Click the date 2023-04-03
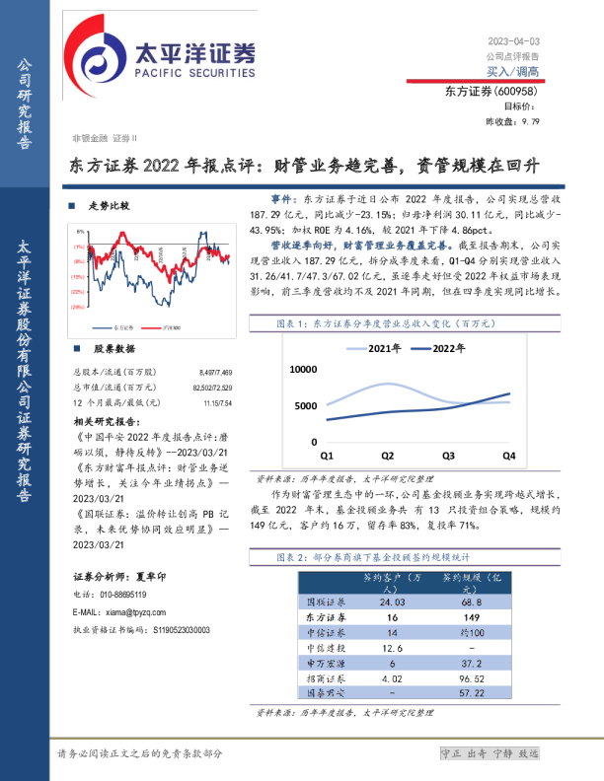[513, 41]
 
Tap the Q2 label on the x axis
[387, 456]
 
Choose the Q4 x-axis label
[509, 456]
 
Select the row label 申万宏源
[325, 664]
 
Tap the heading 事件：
[283, 199]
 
